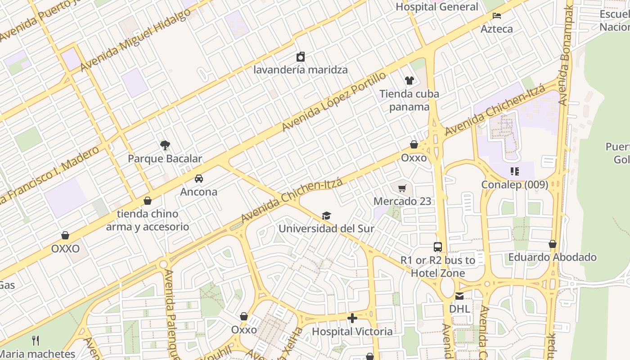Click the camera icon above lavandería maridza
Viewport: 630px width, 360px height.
[x=301, y=57]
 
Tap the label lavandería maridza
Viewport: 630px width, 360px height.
[x=301, y=70]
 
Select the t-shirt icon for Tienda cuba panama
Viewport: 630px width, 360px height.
[x=409, y=81]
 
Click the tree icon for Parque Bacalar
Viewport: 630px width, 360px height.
[x=165, y=145]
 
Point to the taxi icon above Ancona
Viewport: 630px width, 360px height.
[x=199, y=179]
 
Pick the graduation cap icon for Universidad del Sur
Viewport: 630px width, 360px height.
[x=326, y=216]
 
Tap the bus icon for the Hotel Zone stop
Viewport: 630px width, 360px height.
[x=438, y=247]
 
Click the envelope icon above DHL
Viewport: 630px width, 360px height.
[x=459, y=296]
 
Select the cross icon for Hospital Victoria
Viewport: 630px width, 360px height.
[x=352, y=319]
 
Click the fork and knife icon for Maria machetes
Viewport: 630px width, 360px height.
[x=36, y=341]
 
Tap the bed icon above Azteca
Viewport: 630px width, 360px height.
[x=497, y=16]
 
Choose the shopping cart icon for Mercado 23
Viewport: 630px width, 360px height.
[x=402, y=188]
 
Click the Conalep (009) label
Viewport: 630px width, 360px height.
[x=515, y=184]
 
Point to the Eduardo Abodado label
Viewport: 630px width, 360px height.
[x=553, y=257]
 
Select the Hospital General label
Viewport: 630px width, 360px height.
[x=437, y=7]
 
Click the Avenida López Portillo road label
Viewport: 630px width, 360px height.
[x=333, y=102]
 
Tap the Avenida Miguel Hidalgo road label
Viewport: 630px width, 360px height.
[x=135, y=40]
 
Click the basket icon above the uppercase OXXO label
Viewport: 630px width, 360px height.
[x=65, y=235]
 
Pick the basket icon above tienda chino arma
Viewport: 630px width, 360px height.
[x=148, y=201]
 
